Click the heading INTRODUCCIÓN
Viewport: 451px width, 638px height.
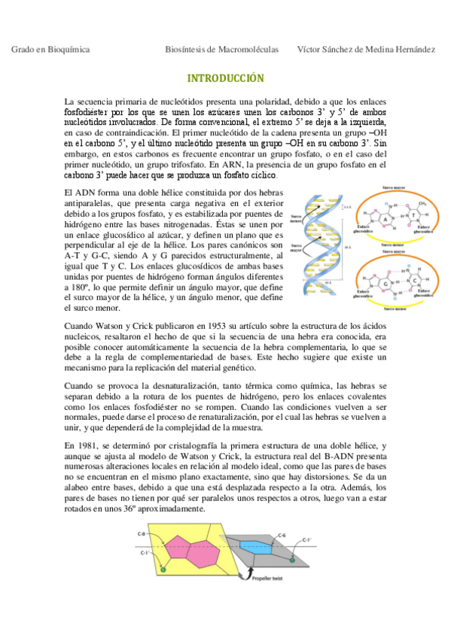click(x=225, y=78)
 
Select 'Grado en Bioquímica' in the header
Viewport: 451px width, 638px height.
click(x=50, y=50)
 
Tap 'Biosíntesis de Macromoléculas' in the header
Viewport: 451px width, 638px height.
click(x=221, y=50)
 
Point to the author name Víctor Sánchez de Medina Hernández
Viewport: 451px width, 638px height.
click(x=366, y=50)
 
